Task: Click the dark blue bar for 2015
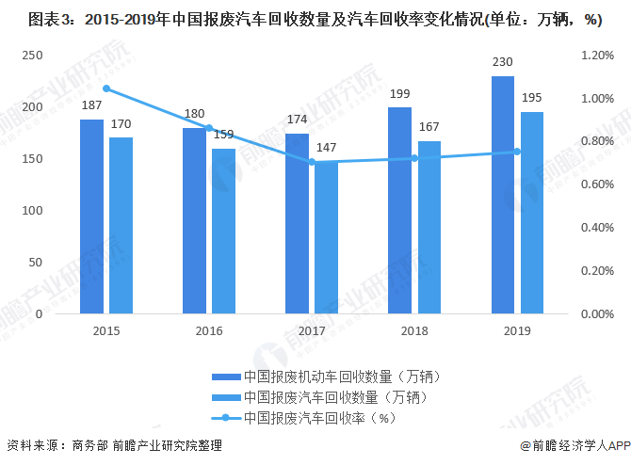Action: click(91, 216)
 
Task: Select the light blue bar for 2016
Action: click(223, 231)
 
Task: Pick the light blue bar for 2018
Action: click(429, 227)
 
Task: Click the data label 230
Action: click(502, 63)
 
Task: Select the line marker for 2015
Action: click(106, 88)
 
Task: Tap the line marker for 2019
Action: click(517, 152)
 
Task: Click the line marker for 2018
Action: click(414, 158)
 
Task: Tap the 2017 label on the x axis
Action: click(312, 331)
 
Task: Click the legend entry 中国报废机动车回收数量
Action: click(335, 377)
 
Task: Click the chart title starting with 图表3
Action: click(315, 20)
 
